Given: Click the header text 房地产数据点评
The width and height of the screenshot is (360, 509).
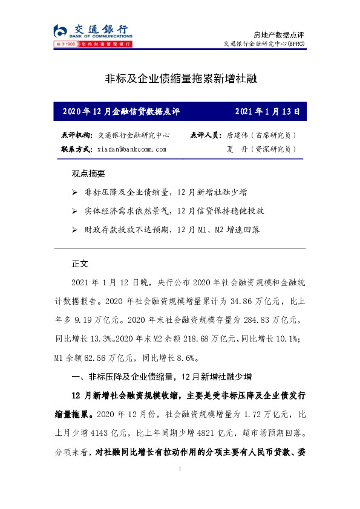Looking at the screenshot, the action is [281, 33].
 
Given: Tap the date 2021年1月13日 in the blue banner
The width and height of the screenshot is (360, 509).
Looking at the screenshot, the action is [266, 112].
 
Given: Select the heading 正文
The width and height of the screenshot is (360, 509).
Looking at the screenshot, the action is [80, 264].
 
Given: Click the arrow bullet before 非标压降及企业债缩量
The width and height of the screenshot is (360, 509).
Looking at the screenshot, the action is [74, 192].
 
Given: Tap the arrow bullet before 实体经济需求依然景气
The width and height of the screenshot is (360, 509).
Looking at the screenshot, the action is [74, 211].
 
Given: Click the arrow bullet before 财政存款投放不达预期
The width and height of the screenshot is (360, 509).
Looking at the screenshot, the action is [74, 230].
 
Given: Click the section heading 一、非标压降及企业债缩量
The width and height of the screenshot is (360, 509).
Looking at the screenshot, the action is [161, 376].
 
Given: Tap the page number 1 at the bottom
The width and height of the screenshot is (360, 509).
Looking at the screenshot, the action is [180, 469].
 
